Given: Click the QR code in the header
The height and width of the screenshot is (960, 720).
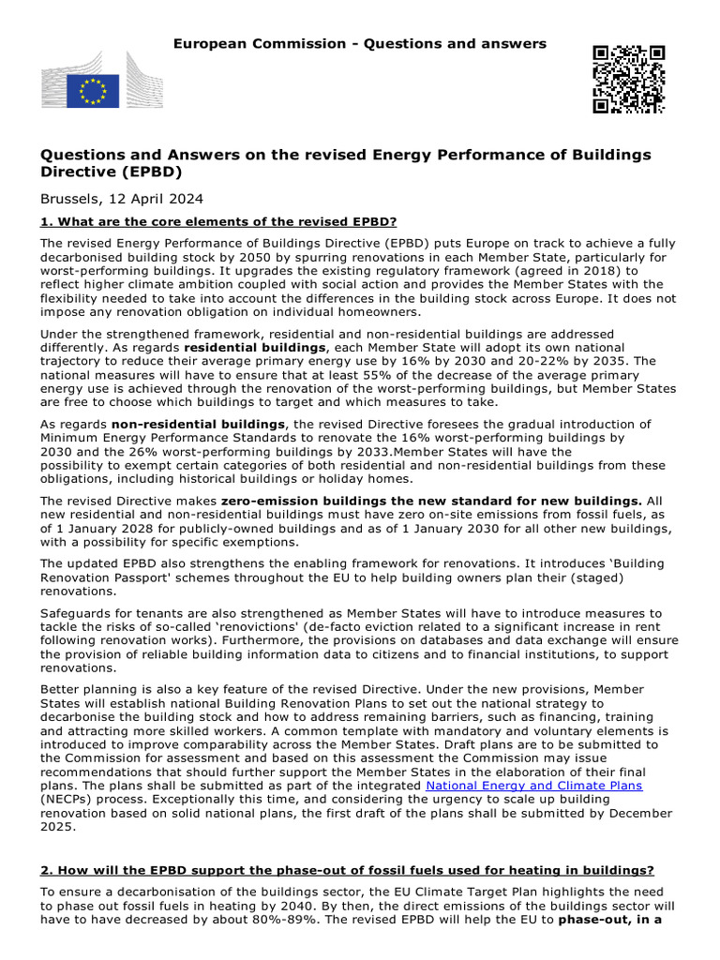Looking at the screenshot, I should pyautogui.click(x=628, y=79).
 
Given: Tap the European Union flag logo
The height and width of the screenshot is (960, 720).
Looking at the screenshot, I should pyautogui.click(x=93, y=91).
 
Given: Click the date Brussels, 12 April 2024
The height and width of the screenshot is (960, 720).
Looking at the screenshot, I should pyautogui.click(x=121, y=199).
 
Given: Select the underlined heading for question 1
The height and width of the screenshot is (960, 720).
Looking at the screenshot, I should pyautogui.click(x=218, y=221).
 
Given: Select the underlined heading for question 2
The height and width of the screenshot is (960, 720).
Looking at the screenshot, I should pyautogui.click(x=347, y=871).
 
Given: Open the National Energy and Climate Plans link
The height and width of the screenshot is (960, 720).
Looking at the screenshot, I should pyautogui.click(x=534, y=785).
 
